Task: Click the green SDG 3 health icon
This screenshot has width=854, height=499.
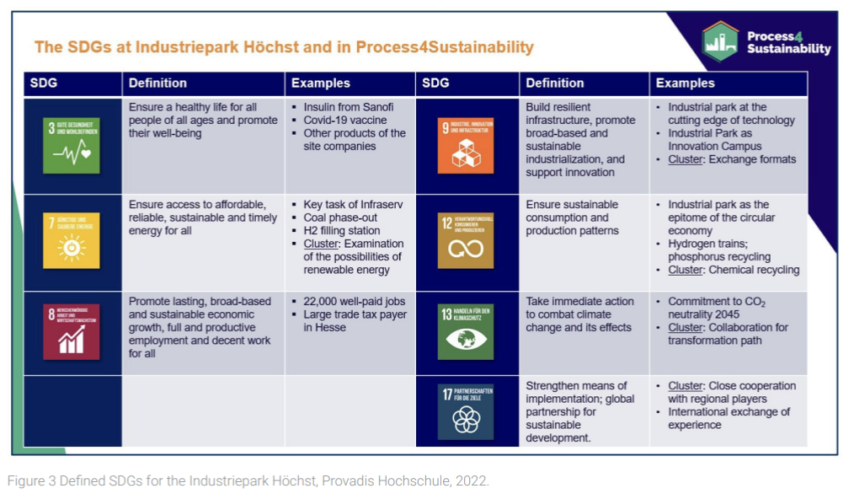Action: [72, 145]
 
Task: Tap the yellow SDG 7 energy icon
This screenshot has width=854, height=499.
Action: [72, 241]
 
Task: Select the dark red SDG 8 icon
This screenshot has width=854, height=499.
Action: [72, 332]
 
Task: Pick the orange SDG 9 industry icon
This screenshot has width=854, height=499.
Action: [465, 145]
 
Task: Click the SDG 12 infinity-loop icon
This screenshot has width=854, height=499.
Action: [465, 240]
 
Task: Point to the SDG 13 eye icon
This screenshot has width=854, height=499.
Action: [465, 332]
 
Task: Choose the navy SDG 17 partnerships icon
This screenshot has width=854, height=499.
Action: [465, 411]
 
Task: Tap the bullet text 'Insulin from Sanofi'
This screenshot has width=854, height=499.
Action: [348, 107]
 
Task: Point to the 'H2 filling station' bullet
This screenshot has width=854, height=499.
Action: [341, 231]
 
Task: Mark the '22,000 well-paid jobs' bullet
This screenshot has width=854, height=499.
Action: [355, 302]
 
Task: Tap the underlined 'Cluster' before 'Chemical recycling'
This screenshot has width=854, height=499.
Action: [686, 271]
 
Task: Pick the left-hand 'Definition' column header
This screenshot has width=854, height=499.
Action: [157, 83]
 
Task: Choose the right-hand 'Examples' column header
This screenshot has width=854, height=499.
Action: [685, 83]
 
